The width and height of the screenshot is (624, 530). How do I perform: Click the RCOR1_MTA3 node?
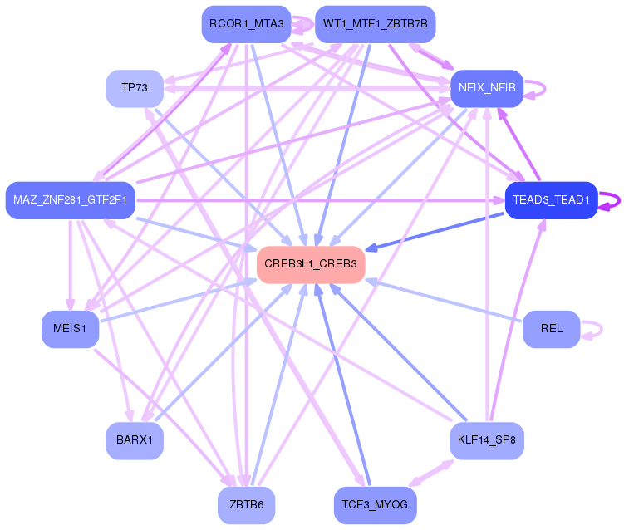pyautogui.click(x=246, y=24)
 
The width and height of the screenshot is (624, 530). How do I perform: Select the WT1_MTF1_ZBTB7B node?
pyautogui.click(x=376, y=24)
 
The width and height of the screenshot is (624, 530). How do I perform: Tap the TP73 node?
pyautogui.click(x=135, y=88)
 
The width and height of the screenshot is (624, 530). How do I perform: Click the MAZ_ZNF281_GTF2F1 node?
pyautogui.click(x=70, y=200)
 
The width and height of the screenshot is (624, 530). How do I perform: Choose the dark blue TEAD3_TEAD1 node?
pyautogui.click(x=551, y=200)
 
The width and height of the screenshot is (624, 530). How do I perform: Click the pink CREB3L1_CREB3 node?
pyautogui.click(x=311, y=264)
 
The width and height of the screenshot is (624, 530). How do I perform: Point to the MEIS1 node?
pyautogui.click(x=70, y=328)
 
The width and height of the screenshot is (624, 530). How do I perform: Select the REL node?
pyautogui.click(x=551, y=328)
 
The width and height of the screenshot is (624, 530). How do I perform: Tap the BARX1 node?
pyautogui.click(x=135, y=440)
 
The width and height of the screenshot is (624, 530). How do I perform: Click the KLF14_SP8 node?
pyautogui.click(x=487, y=440)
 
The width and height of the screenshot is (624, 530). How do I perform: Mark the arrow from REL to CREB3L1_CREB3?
pyautogui.click(x=449, y=302)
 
